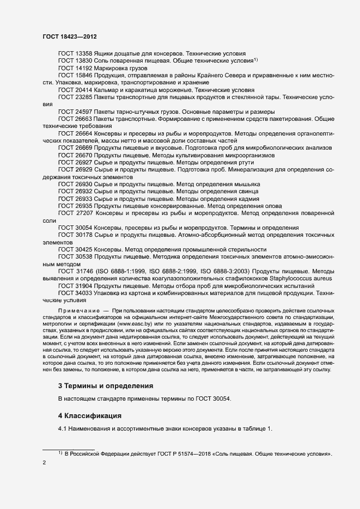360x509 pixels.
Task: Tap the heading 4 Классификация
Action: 89,416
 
